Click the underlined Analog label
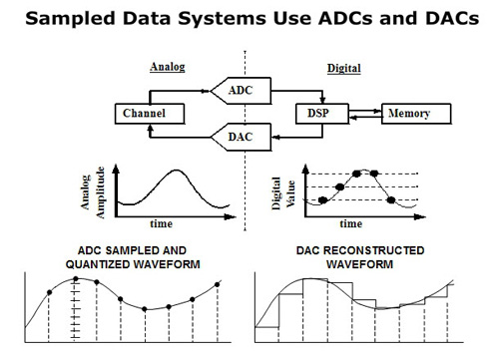pyautogui.click(x=168, y=69)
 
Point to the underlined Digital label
pyautogui.click(x=344, y=70)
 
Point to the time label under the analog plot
pyautogui.click(x=161, y=223)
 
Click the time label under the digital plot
pyautogui.click(x=348, y=224)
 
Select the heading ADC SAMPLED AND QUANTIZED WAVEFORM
pyautogui.click(x=124, y=256)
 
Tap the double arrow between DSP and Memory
pyautogui.click(x=364, y=113)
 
